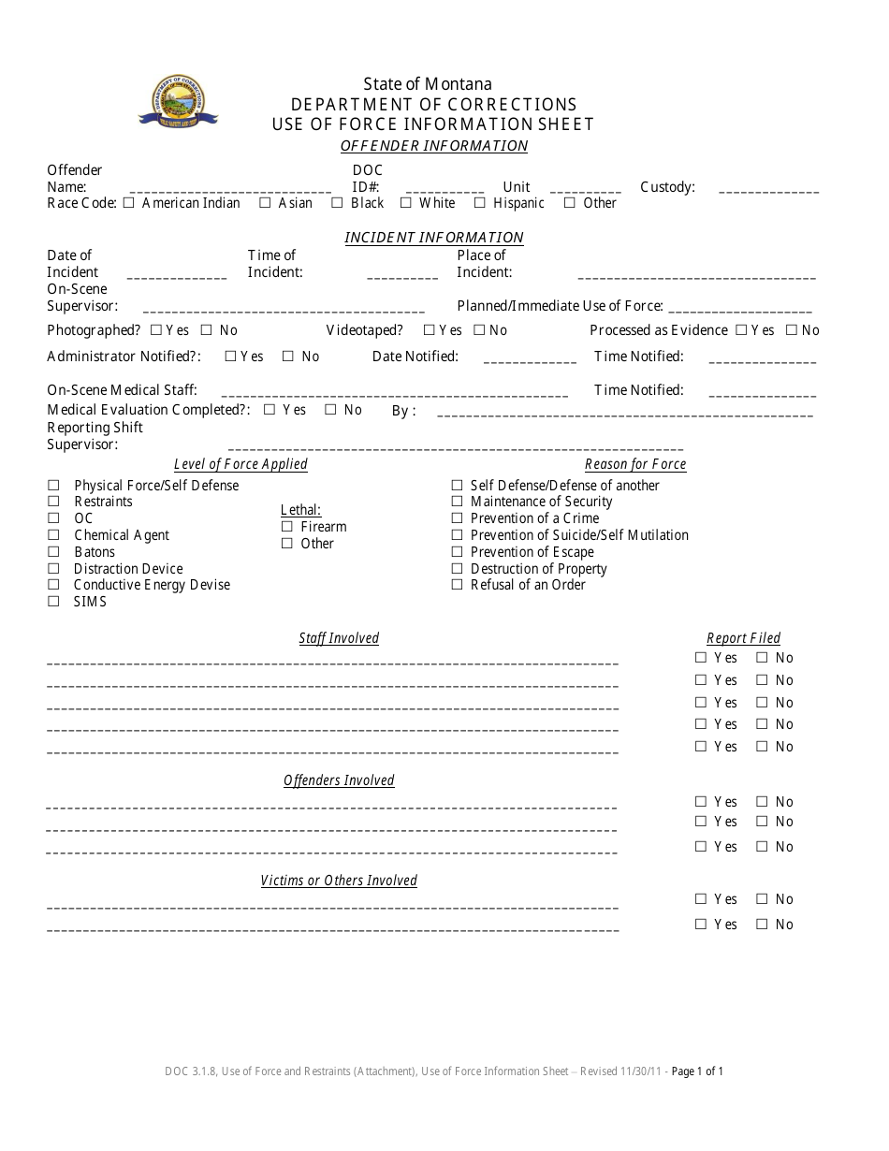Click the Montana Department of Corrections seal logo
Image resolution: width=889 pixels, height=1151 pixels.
[x=178, y=101]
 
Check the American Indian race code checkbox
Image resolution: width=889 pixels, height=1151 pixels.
[x=128, y=203]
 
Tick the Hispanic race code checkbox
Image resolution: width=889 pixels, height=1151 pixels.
[x=480, y=203]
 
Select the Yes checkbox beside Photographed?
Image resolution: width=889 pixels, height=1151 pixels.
[x=156, y=330]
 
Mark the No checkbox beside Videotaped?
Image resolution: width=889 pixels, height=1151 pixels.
[x=479, y=330]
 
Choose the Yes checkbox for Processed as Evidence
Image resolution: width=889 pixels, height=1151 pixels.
[x=741, y=330]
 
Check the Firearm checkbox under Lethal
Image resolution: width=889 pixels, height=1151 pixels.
[x=287, y=527]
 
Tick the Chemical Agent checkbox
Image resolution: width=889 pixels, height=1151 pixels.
[x=53, y=535]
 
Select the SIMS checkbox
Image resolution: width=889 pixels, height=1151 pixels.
[x=53, y=602]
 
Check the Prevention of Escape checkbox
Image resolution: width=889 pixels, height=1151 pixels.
[x=458, y=552]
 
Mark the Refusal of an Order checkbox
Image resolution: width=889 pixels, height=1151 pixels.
[x=458, y=585]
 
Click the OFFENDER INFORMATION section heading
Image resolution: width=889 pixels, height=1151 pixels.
[x=434, y=146]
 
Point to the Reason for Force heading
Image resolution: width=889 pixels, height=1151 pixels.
[x=635, y=464]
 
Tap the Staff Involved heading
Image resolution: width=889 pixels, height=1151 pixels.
[x=339, y=638]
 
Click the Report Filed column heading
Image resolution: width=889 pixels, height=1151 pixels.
[x=743, y=638]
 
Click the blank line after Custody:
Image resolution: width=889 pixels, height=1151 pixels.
[x=768, y=190]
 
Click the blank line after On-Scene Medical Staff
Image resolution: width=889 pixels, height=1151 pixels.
[x=395, y=394]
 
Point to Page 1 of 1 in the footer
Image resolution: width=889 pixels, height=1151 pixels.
[x=697, y=1071]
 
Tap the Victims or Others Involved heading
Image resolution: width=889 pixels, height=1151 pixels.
[x=339, y=881]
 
